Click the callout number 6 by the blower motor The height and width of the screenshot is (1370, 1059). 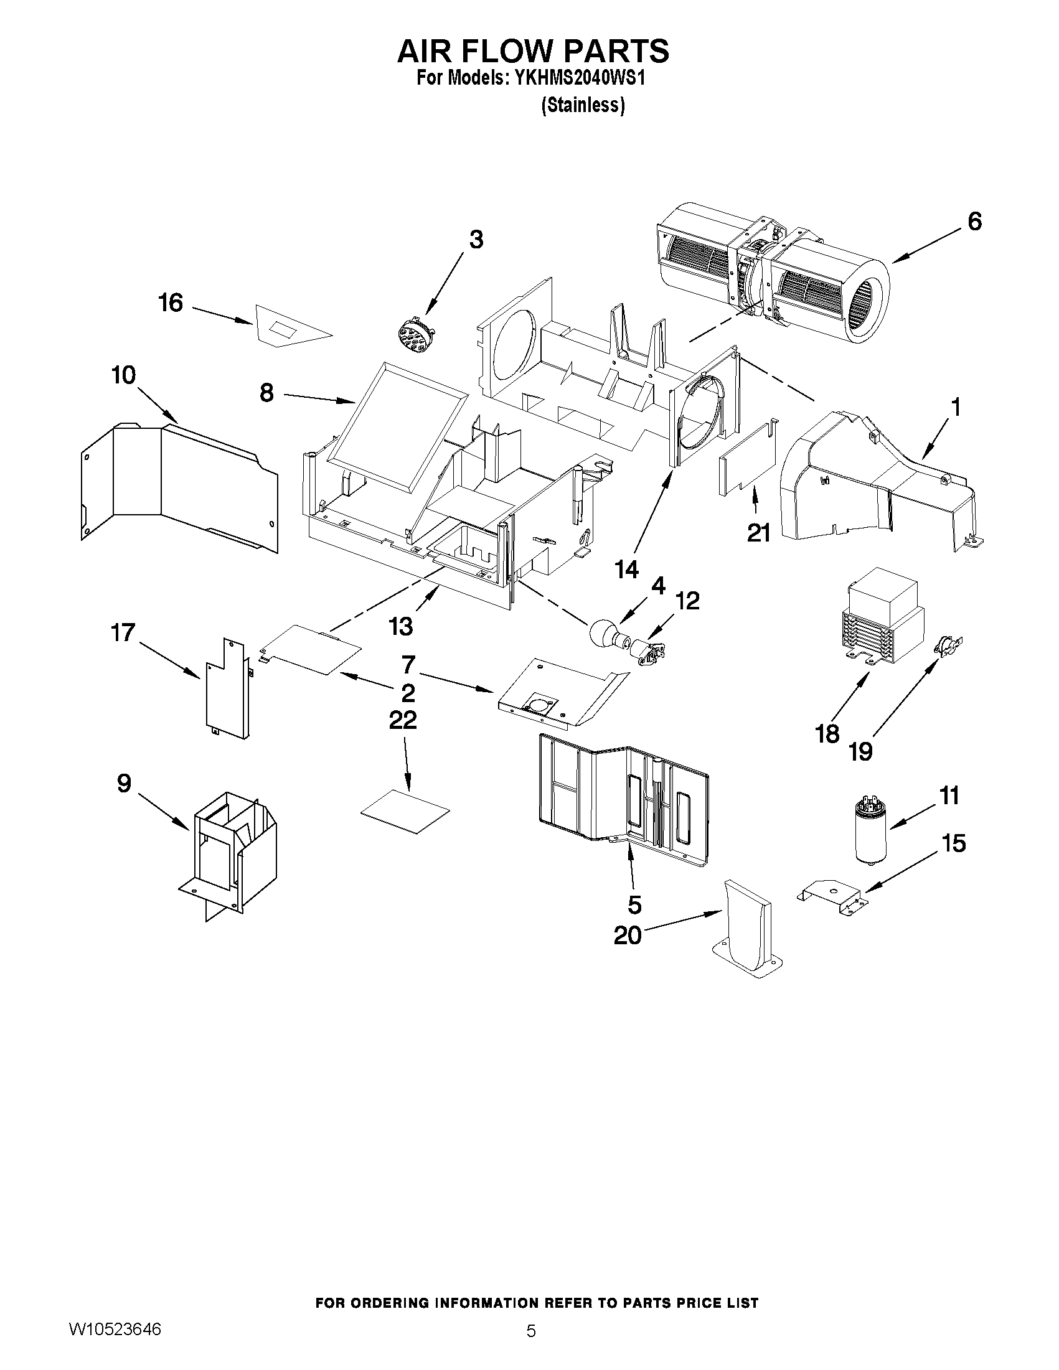974,221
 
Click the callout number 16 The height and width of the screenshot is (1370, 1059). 170,303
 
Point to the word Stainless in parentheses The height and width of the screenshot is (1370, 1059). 583,105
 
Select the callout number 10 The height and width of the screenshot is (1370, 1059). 123,376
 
